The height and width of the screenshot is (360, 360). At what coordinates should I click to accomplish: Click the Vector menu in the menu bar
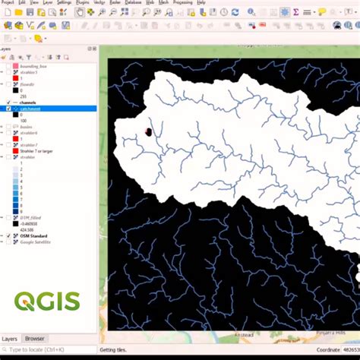point(99,3)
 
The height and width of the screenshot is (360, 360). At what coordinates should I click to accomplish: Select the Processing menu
point(182,3)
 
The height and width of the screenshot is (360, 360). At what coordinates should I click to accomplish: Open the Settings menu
point(64,3)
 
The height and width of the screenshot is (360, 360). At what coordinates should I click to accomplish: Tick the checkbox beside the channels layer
point(8,103)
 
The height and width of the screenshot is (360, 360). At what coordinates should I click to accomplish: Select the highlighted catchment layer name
point(31,109)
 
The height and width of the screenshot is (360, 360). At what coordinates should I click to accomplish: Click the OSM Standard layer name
point(31,236)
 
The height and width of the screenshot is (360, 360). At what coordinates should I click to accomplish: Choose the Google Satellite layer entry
point(35,242)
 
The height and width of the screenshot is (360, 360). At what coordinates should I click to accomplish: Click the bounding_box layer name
point(34,66)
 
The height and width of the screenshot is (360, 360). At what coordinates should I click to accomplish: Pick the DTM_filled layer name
point(31,218)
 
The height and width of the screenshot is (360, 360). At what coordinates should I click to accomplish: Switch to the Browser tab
point(35,339)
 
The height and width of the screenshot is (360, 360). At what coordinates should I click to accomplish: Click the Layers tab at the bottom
point(10,339)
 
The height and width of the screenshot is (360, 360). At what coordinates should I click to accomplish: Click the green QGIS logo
point(47,302)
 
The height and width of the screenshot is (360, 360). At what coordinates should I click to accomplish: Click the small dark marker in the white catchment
point(148,132)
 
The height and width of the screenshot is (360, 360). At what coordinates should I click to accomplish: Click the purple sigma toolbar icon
point(295,13)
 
